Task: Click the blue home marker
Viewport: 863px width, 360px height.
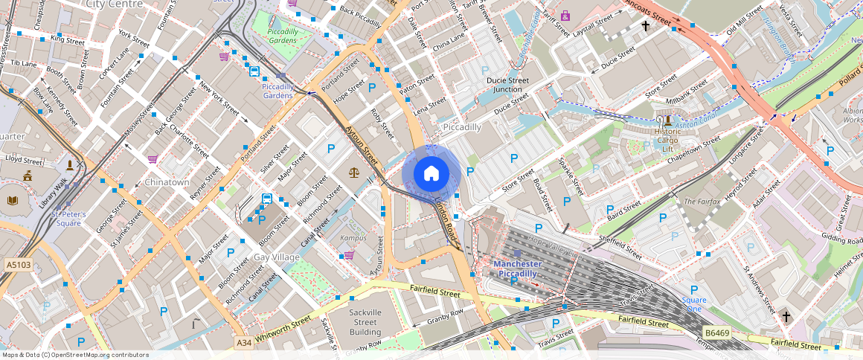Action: tap(431, 174)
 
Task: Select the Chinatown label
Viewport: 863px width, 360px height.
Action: tap(167, 182)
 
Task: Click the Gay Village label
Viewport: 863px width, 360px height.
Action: tap(276, 257)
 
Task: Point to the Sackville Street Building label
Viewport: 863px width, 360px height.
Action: tap(365, 322)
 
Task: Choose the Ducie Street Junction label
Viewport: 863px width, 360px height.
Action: tap(507, 85)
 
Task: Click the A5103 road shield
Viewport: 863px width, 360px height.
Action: tap(18, 264)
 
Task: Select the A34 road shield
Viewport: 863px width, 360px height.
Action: tap(243, 343)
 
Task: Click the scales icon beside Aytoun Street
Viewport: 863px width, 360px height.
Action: tap(353, 172)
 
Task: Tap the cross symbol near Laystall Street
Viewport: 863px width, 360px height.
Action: tap(645, 26)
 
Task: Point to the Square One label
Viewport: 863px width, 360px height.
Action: tap(694, 305)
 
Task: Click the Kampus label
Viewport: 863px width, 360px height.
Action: tap(353, 238)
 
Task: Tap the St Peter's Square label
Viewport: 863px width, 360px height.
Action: tap(68, 219)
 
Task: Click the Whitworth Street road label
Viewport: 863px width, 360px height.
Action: tap(282, 332)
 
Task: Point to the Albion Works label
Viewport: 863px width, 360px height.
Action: tap(853, 115)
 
